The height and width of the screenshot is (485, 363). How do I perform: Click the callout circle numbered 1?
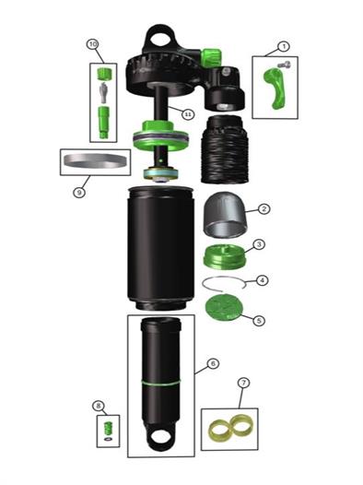point(283,47)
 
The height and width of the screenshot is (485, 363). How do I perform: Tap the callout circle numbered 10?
point(93,44)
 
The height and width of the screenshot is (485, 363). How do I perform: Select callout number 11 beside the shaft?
point(188,114)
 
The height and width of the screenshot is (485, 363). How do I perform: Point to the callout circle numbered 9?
point(79,193)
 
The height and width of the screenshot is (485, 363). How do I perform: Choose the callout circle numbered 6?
point(213,363)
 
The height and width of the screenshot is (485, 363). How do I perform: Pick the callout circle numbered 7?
point(243,383)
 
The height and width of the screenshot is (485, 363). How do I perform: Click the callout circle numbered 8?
point(99,406)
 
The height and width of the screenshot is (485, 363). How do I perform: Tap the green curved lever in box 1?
point(275,88)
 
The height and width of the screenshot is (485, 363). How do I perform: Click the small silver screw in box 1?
point(284,65)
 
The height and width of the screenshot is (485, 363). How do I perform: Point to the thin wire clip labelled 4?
point(224,284)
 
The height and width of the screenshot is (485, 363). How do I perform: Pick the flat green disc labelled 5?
point(224,307)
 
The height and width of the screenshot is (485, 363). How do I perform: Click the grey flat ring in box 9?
point(95,161)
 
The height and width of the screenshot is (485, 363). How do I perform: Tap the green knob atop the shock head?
point(211,57)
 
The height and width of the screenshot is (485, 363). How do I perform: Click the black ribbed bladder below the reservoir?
point(225,149)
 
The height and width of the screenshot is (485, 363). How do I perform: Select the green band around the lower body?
point(160,384)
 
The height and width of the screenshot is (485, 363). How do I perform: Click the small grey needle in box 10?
point(103,92)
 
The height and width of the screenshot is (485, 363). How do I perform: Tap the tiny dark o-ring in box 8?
point(108,439)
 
